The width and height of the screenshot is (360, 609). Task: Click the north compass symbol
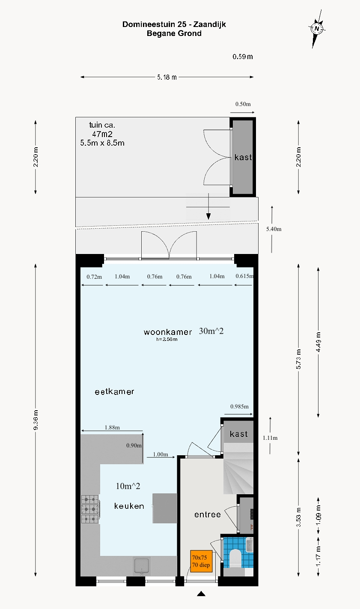pos(317,29)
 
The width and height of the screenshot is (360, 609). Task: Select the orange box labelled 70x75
pos(201,561)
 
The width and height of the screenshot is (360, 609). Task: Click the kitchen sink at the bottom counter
pos(142,566)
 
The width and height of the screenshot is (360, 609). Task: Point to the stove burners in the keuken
pos(89,509)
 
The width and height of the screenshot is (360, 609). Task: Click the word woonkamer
pos(168,332)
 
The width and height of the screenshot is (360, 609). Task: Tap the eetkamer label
pos(114,391)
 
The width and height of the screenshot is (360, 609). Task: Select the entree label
pos(207,514)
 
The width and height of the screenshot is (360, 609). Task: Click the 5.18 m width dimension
pos(167,77)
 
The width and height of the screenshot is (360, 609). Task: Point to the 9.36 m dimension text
pos(36,420)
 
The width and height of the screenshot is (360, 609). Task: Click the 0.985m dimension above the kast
pos(239,406)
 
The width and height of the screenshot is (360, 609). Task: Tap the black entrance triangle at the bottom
pos(201,594)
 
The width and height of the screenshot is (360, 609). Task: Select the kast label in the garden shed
pos(243,157)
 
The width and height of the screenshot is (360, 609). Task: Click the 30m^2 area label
pos(211,331)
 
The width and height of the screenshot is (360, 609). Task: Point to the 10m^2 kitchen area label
pos(128,486)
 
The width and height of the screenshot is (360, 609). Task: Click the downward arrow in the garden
pos(208,206)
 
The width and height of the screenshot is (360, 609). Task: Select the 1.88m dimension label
pos(112,427)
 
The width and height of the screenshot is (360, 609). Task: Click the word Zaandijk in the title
pos(209,24)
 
